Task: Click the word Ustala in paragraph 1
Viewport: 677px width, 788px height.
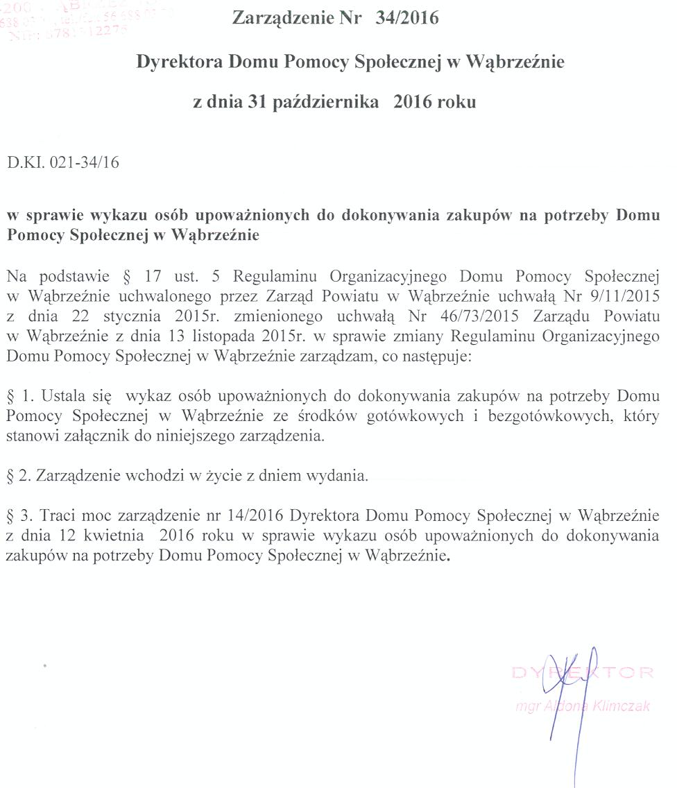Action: click(x=66, y=397)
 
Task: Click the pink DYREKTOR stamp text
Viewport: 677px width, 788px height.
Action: click(x=583, y=672)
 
